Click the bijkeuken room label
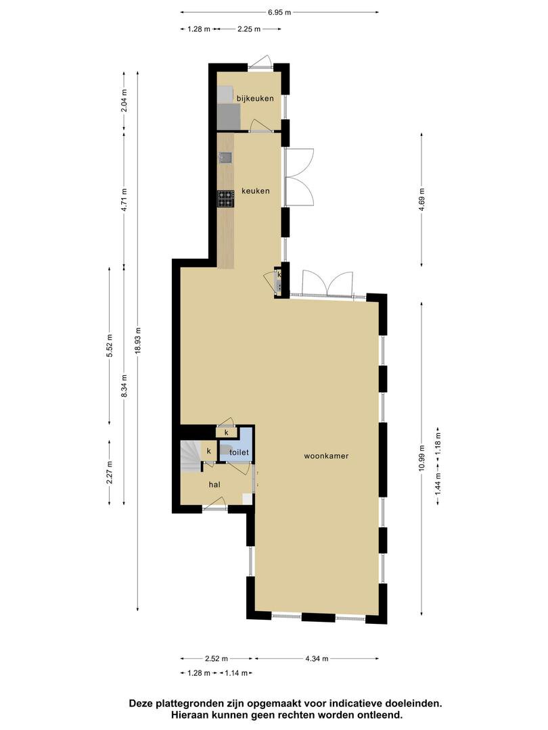pyautogui.click(x=255, y=98)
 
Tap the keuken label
pyautogui.click(x=255, y=191)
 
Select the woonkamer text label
pyautogui.click(x=326, y=456)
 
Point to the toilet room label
pyautogui.click(x=239, y=452)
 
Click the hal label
pyautogui.click(x=214, y=485)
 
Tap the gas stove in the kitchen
pyautogui.click(x=225, y=199)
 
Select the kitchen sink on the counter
pyautogui.click(x=225, y=157)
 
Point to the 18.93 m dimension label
pyautogui.click(x=138, y=341)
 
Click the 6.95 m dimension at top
pyautogui.click(x=279, y=13)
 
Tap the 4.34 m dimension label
pyautogui.click(x=317, y=658)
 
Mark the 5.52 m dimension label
pyautogui.click(x=110, y=345)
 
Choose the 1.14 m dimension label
pyautogui.click(x=236, y=673)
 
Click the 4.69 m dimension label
pyautogui.click(x=421, y=199)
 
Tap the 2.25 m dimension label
pyautogui.click(x=249, y=29)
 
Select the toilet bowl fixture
pyautogui.click(x=225, y=450)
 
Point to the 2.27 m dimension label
pyautogui.click(x=110, y=472)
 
